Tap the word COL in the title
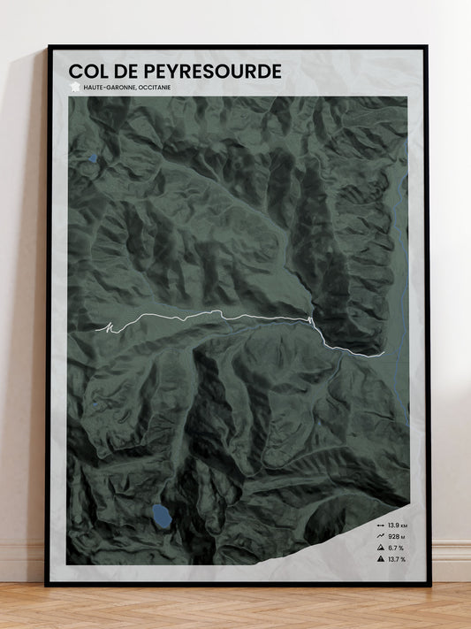point(89,71)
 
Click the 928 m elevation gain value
point(396,536)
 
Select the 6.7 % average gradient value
point(396,548)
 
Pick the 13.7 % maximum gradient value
point(396,559)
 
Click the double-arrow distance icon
point(379,525)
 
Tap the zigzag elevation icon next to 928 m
point(379,536)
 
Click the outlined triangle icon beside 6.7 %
point(379,548)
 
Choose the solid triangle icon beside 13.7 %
point(379,559)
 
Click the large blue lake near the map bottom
point(162,514)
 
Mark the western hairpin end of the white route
point(104,329)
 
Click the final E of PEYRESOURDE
point(276,71)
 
